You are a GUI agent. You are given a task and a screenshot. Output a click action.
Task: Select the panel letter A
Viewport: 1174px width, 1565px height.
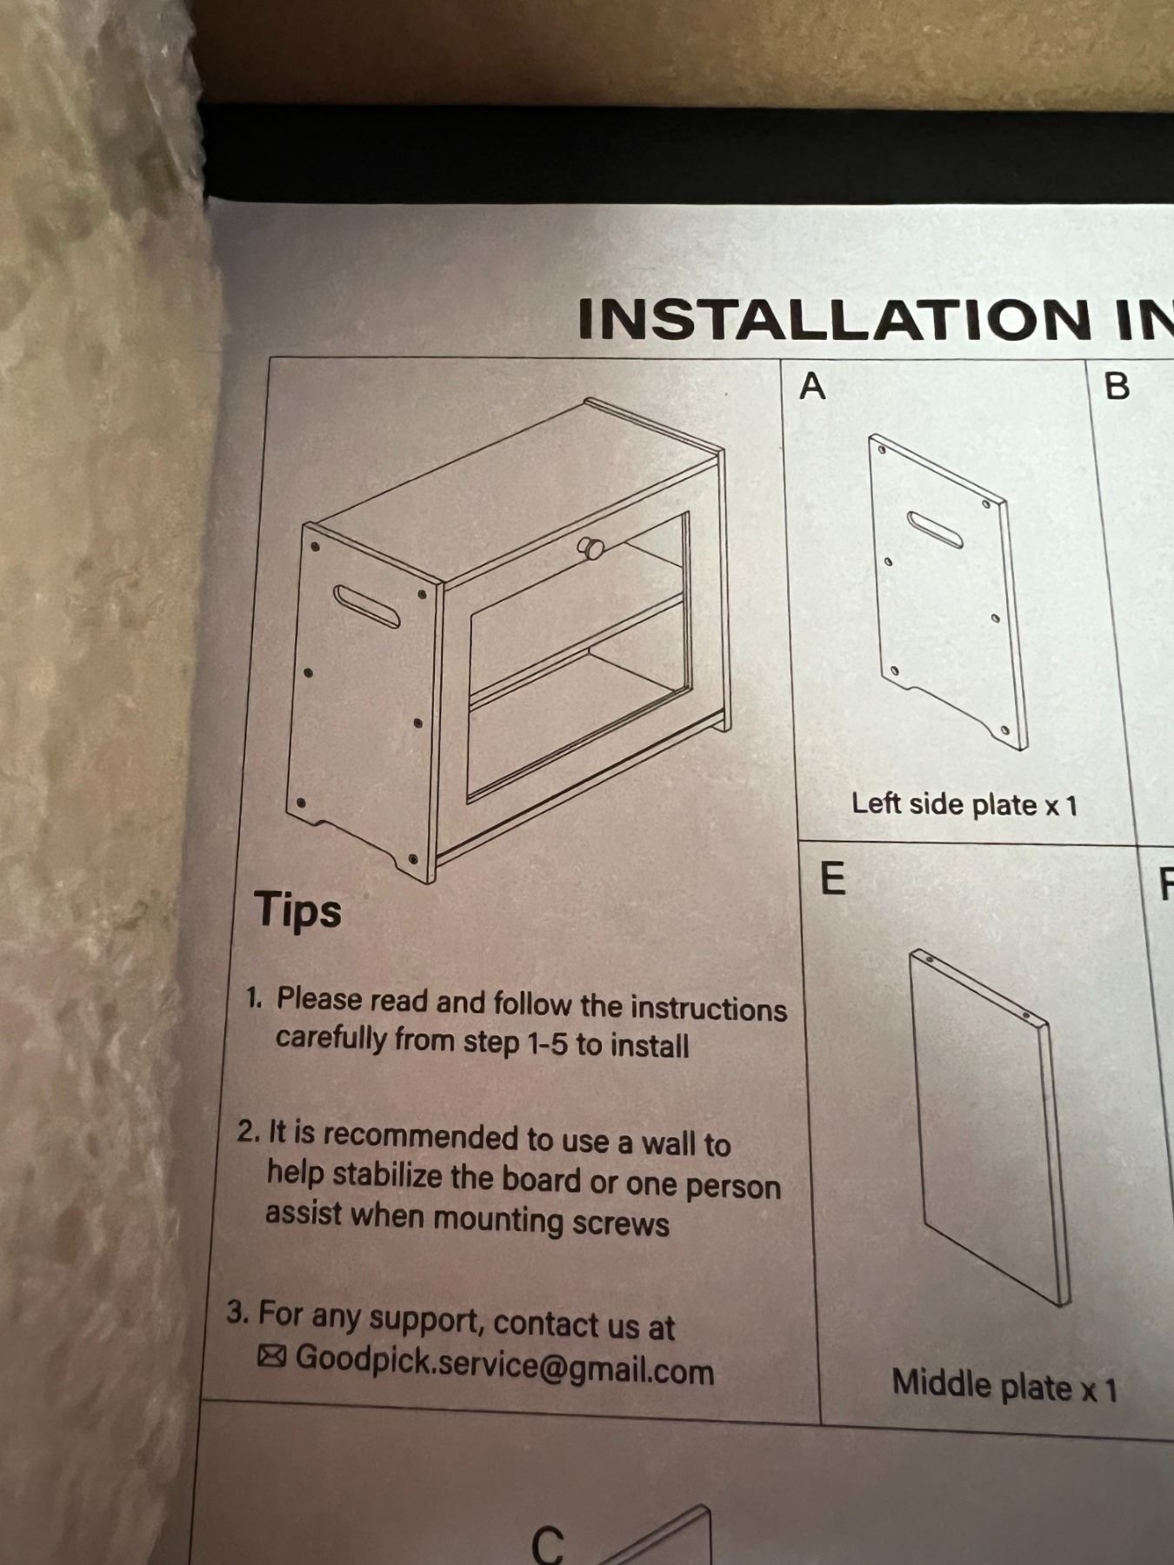click(812, 385)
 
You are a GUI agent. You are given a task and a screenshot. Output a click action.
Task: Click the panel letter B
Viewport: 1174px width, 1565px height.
click(1117, 386)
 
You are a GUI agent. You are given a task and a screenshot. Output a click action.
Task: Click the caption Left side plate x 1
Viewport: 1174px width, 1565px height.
click(964, 804)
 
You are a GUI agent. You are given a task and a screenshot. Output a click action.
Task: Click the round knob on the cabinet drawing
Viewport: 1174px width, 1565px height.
click(592, 548)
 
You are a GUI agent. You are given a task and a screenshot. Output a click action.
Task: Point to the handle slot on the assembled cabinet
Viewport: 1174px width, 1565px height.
click(367, 606)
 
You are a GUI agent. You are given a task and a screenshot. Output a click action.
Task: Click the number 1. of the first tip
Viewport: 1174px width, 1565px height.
click(254, 998)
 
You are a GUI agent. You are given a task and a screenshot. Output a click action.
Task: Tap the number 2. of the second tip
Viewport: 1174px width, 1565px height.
click(249, 1131)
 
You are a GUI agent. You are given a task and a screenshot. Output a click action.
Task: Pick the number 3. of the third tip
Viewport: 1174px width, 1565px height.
click(238, 1312)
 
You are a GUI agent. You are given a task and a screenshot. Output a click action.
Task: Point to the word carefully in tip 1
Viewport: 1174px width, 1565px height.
click(331, 1039)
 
